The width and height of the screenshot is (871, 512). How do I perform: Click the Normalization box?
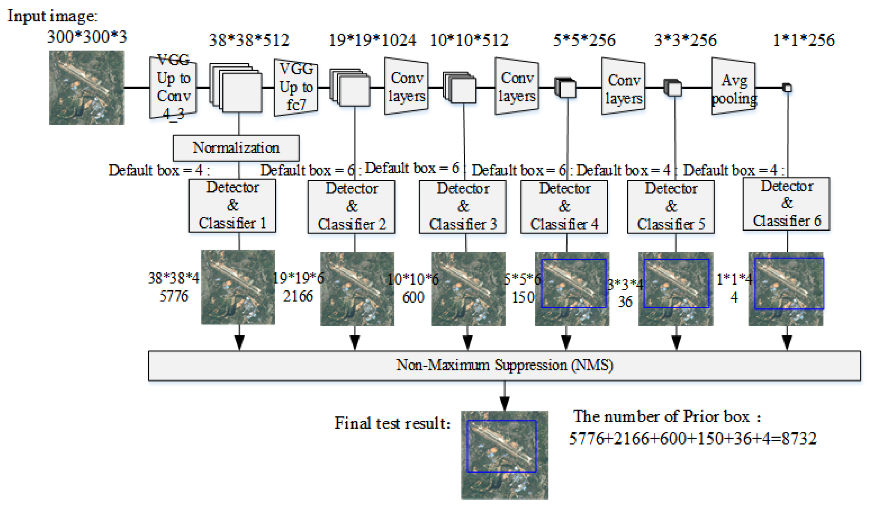[236, 148]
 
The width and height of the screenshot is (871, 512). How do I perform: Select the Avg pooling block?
[734, 87]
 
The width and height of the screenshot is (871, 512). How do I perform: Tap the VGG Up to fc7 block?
[296, 87]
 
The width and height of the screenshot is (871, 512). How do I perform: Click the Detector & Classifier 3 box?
[463, 207]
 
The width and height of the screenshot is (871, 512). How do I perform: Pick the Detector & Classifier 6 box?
[786, 204]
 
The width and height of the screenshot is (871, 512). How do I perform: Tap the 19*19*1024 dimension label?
[372, 40]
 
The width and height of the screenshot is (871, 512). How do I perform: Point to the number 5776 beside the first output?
[173, 296]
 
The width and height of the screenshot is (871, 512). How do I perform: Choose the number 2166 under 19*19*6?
[298, 296]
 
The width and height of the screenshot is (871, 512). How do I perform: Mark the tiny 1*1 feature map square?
[787, 88]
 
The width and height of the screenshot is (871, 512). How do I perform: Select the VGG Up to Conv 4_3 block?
[173, 87]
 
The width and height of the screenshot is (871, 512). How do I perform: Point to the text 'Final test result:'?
[392, 423]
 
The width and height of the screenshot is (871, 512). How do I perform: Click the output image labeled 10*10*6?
[468, 289]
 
